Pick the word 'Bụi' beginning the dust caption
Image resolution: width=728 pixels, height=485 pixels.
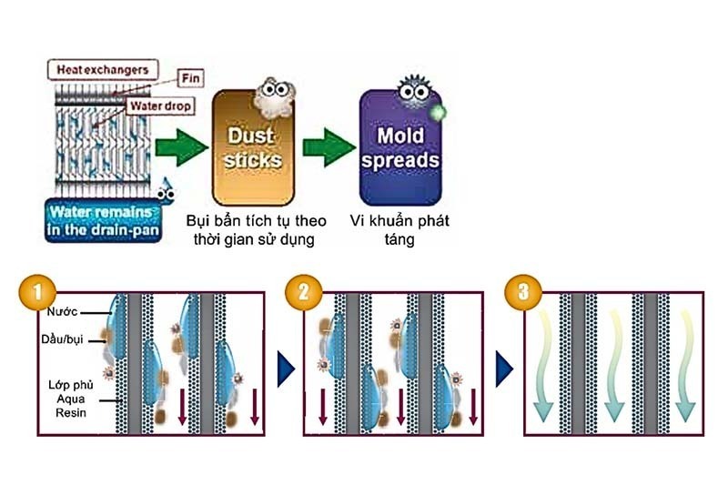199,220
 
